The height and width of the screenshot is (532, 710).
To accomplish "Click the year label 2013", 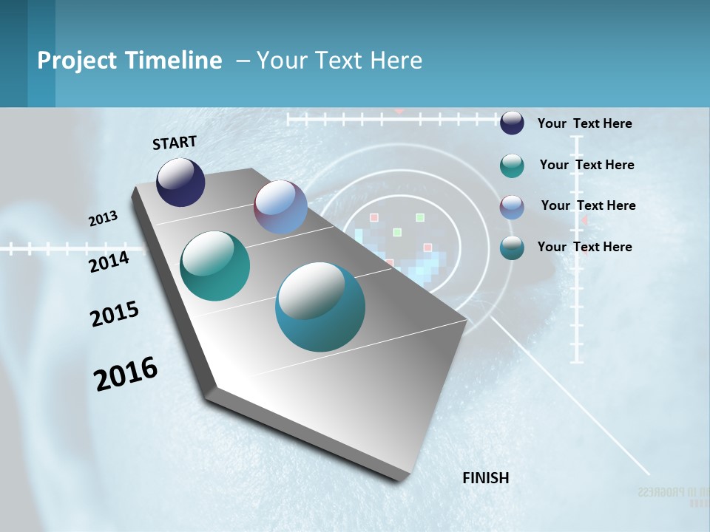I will pyautogui.click(x=103, y=219).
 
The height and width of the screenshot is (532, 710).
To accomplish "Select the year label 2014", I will pyautogui.click(x=109, y=262).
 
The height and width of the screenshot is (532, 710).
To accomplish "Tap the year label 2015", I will pyautogui.click(x=115, y=314).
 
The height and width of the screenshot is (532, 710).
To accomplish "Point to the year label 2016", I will pyautogui.click(x=126, y=374).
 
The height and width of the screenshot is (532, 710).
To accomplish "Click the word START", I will pyautogui.click(x=175, y=143).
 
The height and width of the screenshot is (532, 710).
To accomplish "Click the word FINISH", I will pyautogui.click(x=485, y=478).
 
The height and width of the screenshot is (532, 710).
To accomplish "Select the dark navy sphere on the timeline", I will pyautogui.click(x=180, y=183).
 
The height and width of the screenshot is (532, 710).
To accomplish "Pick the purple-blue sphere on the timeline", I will pyautogui.click(x=280, y=207).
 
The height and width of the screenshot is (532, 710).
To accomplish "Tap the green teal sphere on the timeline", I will pyautogui.click(x=215, y=266).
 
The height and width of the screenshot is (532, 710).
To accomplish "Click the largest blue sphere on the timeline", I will pyautogui.click(x=320, y=307).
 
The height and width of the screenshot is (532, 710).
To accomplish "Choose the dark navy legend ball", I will pyautogui.click(x=512, y=123).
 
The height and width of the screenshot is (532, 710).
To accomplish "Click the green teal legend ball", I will pyautogui.click(x=512, y=166).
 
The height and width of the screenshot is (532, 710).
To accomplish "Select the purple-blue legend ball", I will pyautogui.click(x=512, y=207).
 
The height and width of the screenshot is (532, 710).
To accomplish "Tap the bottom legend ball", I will pyautogui.click(x=512, y=248).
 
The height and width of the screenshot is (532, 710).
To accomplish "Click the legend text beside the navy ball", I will pyautogui.click(x=584, y=123).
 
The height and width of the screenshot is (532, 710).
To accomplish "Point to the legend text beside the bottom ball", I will pyautogui.click(x=584, y=247).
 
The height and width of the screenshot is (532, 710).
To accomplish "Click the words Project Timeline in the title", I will pyautogui.click(x=129, y=61).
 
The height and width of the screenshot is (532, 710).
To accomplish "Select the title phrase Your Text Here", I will pyautogui.click(x=339, y=61).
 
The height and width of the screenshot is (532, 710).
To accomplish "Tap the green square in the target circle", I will pyautogui.click(x=420, y=217).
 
